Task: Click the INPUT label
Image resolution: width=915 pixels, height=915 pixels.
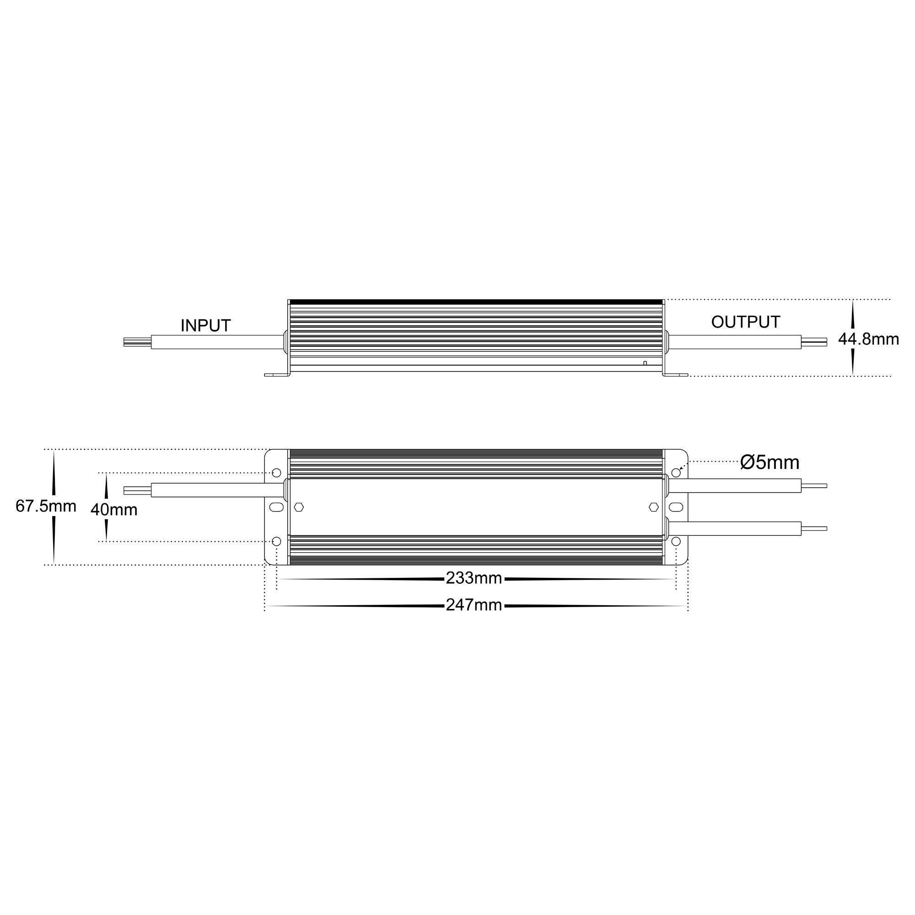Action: coord(205,325)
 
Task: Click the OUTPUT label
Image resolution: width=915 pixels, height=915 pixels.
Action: coord(745,322)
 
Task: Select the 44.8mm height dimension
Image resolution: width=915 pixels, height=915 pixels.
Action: coord(868,339)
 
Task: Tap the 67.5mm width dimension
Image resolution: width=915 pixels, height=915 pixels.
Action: coord(46,506)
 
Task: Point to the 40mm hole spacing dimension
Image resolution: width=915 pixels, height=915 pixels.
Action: coord(114,510)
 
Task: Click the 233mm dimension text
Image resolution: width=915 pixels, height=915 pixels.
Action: coord(474,578)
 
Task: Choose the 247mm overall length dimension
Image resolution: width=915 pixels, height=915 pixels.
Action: coord(474,605)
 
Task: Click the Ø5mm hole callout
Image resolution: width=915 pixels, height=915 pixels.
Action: coord(770,462)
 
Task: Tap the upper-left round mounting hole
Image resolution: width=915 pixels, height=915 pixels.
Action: coord(277,473)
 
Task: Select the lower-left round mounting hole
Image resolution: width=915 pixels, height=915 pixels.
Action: coord(277,541)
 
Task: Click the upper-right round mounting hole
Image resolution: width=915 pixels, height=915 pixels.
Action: coord(676,473)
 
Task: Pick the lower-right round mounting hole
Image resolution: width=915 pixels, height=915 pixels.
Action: coord(676,541)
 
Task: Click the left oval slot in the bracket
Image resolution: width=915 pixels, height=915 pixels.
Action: coord(277,507)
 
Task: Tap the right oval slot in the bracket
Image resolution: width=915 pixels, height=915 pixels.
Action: coord(676,507)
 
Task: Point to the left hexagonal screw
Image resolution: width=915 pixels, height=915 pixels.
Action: coord(299,507)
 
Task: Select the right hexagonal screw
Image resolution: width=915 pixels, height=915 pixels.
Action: coord(654,507)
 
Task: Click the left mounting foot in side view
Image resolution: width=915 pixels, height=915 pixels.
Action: coord(277,375)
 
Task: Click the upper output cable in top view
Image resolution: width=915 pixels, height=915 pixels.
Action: coord(734,485)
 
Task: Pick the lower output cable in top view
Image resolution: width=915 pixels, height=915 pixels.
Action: coord(734,528)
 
